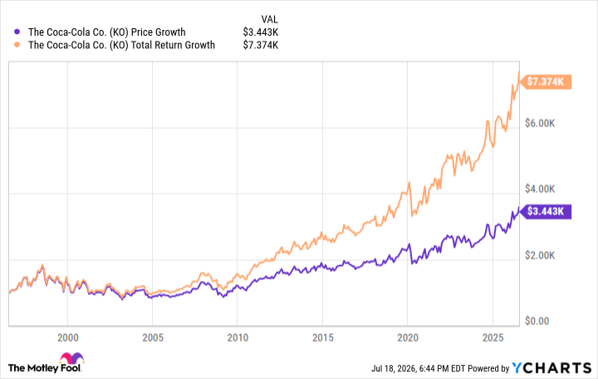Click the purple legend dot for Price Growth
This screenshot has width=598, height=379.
(17, 32)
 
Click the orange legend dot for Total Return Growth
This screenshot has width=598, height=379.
(17, 45)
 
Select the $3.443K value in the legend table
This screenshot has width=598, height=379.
(261, 32)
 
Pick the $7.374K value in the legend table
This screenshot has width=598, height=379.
(261, 45)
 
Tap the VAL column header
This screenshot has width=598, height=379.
(270, 19)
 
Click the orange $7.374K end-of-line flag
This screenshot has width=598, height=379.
(547, 81)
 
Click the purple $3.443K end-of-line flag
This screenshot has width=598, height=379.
(547, 211)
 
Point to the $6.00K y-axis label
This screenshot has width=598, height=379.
(540, 123)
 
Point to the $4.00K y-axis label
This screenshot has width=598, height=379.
(540, 189)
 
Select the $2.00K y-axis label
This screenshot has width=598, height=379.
(540, 255)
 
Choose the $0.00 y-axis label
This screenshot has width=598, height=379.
(537, 321)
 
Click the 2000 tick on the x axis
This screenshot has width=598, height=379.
(68, 337)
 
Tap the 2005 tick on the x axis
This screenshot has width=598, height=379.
(153, 337)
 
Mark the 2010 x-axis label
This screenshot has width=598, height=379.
(238, 337)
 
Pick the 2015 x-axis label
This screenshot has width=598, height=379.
(322, 337)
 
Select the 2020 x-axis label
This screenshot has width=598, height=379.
(408, 337)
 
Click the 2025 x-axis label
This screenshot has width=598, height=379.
(493, 337)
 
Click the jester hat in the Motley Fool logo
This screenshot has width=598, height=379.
(71, 358)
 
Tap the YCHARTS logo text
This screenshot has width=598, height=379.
(551, 368)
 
